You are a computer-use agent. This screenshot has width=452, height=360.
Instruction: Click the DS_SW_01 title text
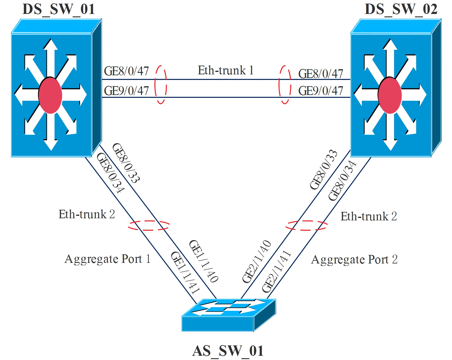click(59, 9)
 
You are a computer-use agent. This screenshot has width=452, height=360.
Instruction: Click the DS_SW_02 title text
click(401, 9)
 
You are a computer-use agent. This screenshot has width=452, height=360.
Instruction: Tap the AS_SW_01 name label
click(228, 351)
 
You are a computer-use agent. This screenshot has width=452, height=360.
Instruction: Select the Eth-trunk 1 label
click(225, 70)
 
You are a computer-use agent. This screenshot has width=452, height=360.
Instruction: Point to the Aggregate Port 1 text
click(107, 259)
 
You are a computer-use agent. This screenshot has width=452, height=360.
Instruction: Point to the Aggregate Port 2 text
click(354, 260)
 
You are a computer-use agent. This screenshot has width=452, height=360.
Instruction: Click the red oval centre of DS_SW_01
click(50, 95)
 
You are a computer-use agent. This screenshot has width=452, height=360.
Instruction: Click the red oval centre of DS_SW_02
click(390, 95)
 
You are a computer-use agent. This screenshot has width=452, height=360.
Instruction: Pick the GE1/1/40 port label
click(204, 261)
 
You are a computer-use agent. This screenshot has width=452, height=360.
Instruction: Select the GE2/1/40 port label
click(257, 261)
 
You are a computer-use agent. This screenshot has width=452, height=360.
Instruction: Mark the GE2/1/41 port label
click(276, 271)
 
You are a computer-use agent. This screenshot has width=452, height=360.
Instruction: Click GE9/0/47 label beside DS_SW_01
click(126, 91)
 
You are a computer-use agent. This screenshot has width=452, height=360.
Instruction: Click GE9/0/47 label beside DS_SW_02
click(321, 91)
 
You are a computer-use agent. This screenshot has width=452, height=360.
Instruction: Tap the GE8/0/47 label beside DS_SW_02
click(321, 74)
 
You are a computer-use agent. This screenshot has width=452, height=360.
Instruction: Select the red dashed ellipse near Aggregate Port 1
click(149, 226)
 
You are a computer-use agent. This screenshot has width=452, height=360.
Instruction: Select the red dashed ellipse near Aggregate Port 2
click(307, 226)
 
